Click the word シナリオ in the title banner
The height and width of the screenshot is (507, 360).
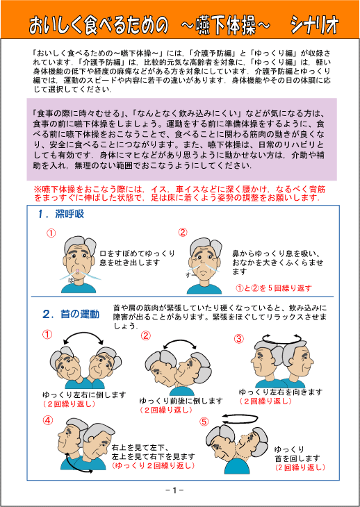point(314,26)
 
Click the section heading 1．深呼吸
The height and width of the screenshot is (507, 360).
point(60,214)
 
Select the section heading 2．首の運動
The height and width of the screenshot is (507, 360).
point(71,314)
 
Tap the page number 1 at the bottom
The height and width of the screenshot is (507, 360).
point(174,490)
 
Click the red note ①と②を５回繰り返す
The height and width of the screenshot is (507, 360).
point(275,288)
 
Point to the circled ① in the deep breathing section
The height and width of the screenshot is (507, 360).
point(51,233)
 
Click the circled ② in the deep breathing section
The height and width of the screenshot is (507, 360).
point(183,232)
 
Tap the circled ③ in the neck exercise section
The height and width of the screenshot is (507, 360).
point(238,338)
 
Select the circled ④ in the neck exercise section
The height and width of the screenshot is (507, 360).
point(47,420)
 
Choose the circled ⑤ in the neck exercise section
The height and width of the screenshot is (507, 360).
point(204,422)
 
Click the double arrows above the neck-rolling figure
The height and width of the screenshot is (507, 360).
point(240,419)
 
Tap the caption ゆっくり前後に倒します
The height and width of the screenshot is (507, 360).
point(181,401)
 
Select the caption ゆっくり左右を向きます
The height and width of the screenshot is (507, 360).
point(281,392)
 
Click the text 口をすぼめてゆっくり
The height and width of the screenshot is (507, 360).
point(137,253)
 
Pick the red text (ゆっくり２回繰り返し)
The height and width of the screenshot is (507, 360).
point(154,465)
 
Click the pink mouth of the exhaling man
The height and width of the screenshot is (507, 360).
point(76,270)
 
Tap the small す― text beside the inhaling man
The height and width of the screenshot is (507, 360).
point(190,276)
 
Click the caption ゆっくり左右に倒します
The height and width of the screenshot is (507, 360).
point(84,395)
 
